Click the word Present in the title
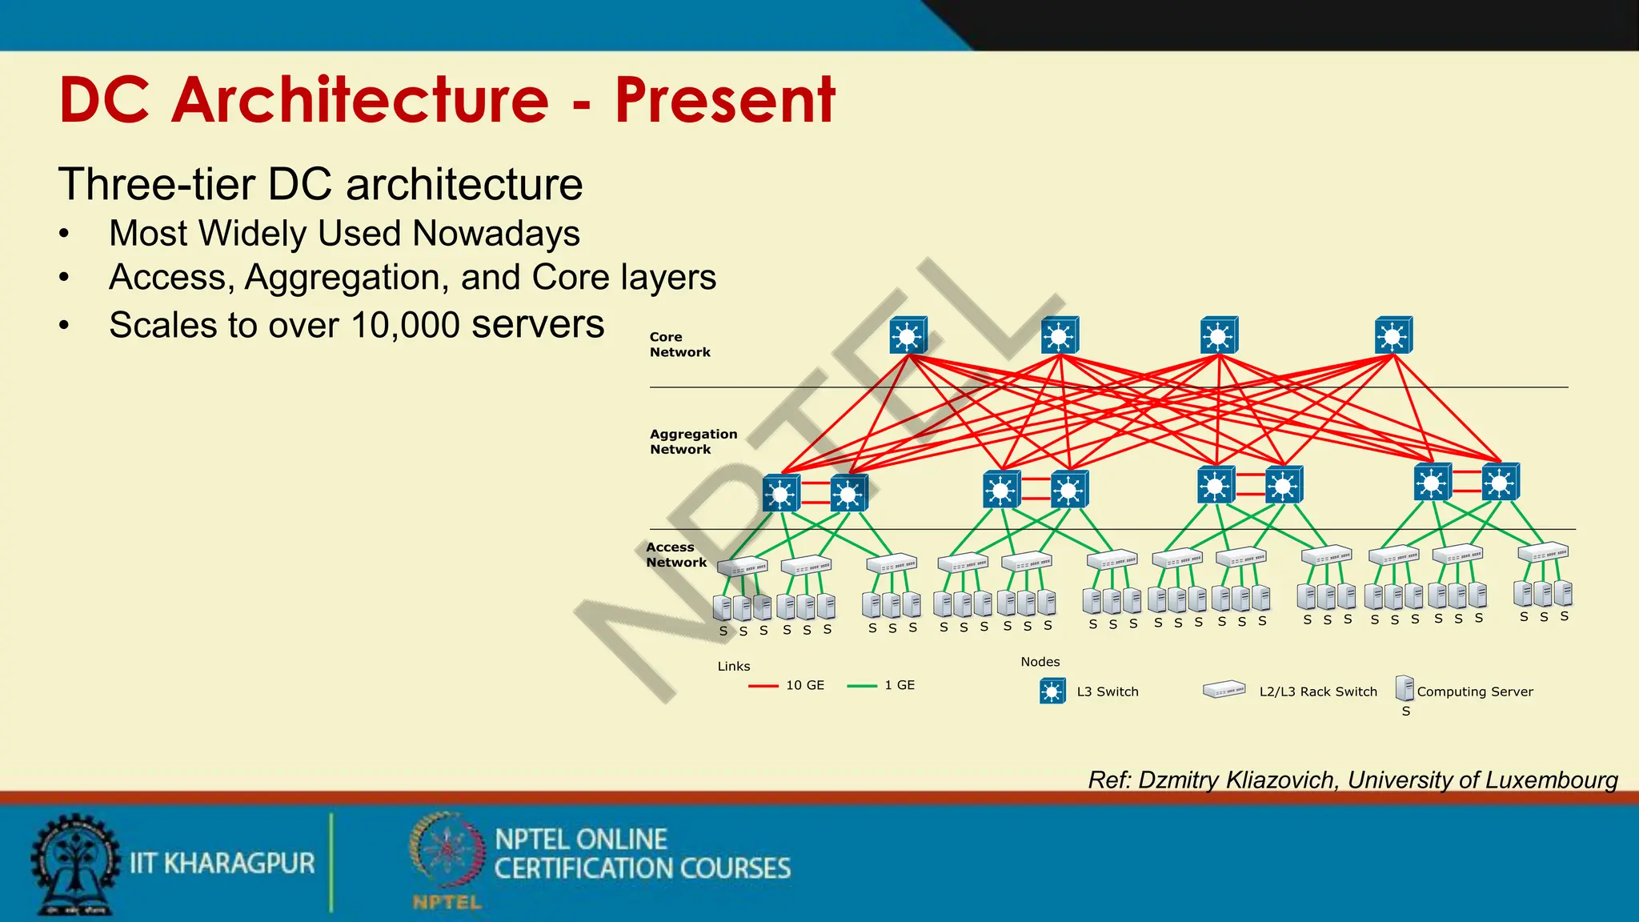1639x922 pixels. coord(724,100)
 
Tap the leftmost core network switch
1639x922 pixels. coord(908,335)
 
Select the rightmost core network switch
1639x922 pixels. coord(1393,335)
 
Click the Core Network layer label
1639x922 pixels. coord(679,345)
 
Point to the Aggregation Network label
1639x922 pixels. coord(693,442)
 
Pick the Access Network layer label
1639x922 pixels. coord(676,555)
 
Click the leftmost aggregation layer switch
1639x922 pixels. coord(781,492)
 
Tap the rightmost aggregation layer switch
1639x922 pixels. coord(1500,483)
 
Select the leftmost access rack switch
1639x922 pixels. coord(743,566)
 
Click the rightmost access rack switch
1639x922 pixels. coord(1543,551)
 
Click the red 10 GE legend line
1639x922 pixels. coord(763,686)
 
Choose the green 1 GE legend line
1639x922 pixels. coord(862,686)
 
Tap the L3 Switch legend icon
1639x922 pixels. coord(1052,691)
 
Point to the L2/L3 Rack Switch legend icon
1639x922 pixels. coord(1224,690)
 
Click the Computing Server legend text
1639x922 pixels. coord(1475,691)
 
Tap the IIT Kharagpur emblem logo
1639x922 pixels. coord(75,864)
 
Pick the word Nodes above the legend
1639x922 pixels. coord(1040,662)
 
